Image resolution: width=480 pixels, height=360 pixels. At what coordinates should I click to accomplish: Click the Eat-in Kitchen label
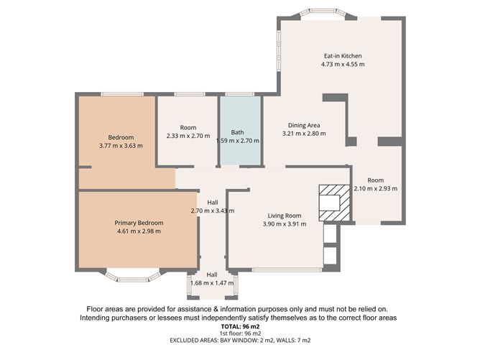click(342, 56)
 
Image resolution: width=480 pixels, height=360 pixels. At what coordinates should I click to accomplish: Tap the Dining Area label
click(304, 125)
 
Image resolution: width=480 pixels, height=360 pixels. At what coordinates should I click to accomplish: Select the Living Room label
click(284, 216)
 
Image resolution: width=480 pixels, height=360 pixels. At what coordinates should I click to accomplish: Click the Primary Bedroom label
click(139, 223)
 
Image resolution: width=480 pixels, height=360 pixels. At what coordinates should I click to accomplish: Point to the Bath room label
click(237, 132)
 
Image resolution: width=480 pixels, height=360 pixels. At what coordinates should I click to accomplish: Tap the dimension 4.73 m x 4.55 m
click(342, 65)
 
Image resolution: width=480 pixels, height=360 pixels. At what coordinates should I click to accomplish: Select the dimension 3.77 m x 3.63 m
click(121, 146)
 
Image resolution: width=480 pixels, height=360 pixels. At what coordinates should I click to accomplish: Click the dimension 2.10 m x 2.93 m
click(375, 189)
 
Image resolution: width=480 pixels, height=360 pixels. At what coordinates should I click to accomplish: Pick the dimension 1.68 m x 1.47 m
click(212, 284)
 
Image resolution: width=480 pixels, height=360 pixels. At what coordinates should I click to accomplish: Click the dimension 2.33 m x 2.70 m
click(188, 136)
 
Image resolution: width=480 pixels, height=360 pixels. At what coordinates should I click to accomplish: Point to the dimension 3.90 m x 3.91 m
click(284, 224)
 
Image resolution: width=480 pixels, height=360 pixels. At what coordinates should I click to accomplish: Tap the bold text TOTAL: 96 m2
click(239, 326)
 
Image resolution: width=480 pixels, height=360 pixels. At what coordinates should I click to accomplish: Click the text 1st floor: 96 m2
click(239, 333)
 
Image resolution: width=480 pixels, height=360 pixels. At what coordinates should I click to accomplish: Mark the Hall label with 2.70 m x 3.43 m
click(212, 203)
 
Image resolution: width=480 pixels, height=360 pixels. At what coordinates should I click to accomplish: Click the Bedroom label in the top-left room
click(121, 137)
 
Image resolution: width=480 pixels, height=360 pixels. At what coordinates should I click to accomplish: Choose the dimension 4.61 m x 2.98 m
click(139, 231)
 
